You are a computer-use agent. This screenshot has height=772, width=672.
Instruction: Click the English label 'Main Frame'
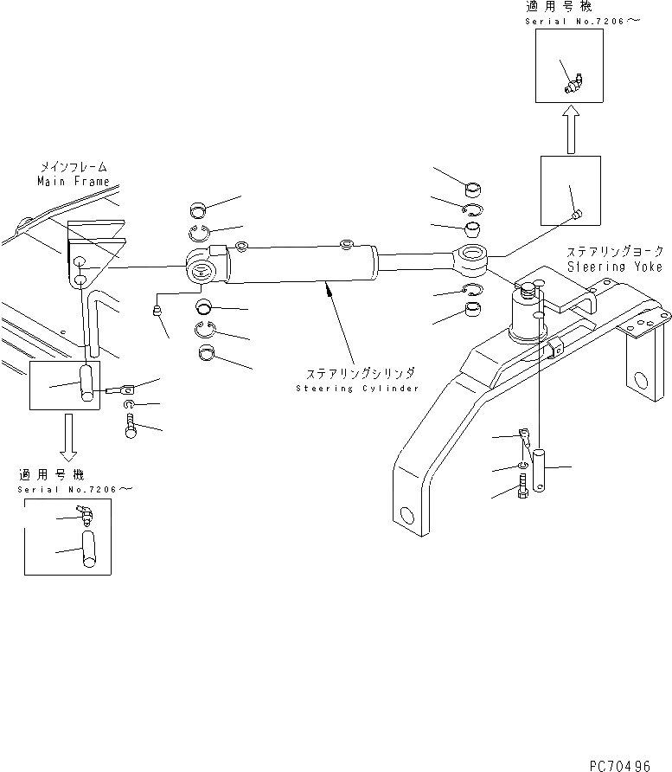pyautogui.click(x=73, y=182)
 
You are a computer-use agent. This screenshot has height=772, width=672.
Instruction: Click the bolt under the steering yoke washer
pyautogui.click(x=522, y=491)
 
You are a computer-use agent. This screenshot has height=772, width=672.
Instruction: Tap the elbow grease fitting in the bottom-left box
pyautogui.click(x=86, y=517)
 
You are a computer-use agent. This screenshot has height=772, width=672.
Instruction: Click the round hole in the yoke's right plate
pyautogui.click(x=641, y=381)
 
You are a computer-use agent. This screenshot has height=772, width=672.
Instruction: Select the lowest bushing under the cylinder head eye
pyautogui.click(x=208, y=352)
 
